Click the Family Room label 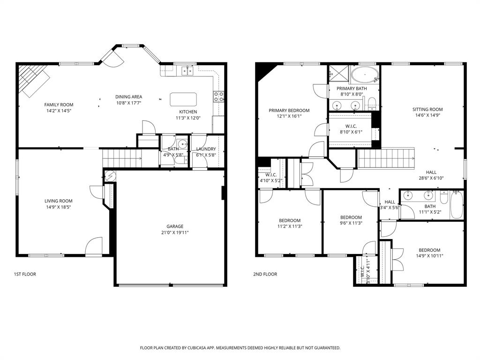[59, 105]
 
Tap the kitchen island [183, 99]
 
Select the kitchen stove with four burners [218, 97]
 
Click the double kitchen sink [188, 71]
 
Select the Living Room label [59, 201]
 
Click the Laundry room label [206, 149]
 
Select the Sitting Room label [427, 109]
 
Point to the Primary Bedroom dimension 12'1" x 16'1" [289, 116]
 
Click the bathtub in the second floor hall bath [457, 205]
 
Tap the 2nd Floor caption [265, 274]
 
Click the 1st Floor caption [25, 274]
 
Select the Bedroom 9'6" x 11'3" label [351, 217]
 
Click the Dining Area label [128, 97]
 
